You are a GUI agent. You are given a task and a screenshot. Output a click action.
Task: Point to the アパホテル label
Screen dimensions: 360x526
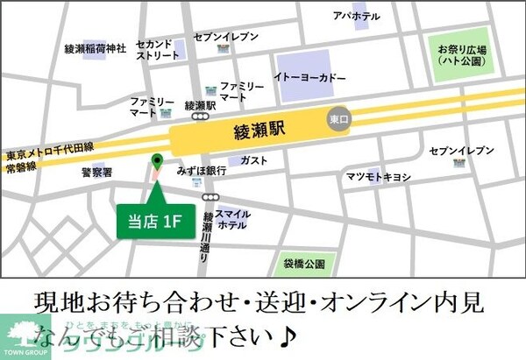click(357, 16)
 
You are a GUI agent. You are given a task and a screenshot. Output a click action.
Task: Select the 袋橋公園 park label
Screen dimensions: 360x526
click(303, 262)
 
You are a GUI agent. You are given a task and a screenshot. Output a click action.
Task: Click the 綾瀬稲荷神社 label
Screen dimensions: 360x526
click(96, 47)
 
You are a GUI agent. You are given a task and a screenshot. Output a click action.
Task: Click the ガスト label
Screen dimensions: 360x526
click(253, 160)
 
